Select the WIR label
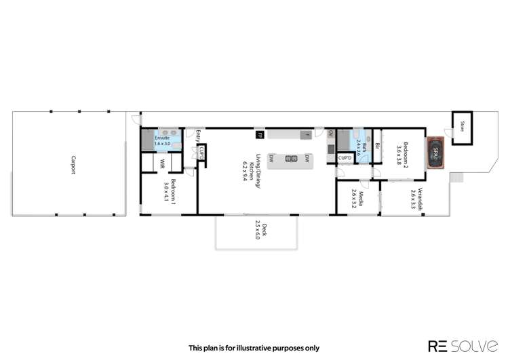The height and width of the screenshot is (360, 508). point(163,163)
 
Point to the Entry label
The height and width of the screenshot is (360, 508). point(198,136)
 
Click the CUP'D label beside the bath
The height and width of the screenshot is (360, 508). point(345,158)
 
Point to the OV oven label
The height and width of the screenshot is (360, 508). point(330,134)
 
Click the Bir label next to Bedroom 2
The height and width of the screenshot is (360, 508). point(377,144)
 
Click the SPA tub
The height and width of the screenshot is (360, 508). point(436,153)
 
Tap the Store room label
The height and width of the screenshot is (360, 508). point(463,125)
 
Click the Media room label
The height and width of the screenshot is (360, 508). point(359,200)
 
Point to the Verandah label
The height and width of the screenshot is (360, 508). point(417,199)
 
